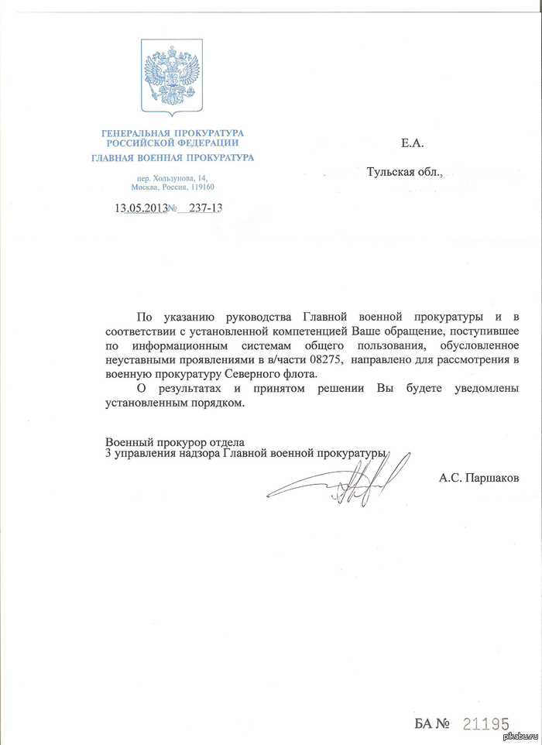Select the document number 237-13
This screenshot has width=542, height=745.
point(204,208)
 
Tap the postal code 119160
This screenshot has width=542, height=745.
point(201,187)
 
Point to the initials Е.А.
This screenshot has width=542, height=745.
point(413,142)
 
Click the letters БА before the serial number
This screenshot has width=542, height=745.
point(424,724)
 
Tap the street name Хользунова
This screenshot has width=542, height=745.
point(180,178)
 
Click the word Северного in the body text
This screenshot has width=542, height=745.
point(247,373)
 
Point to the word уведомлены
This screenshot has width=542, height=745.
point(484,387)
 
